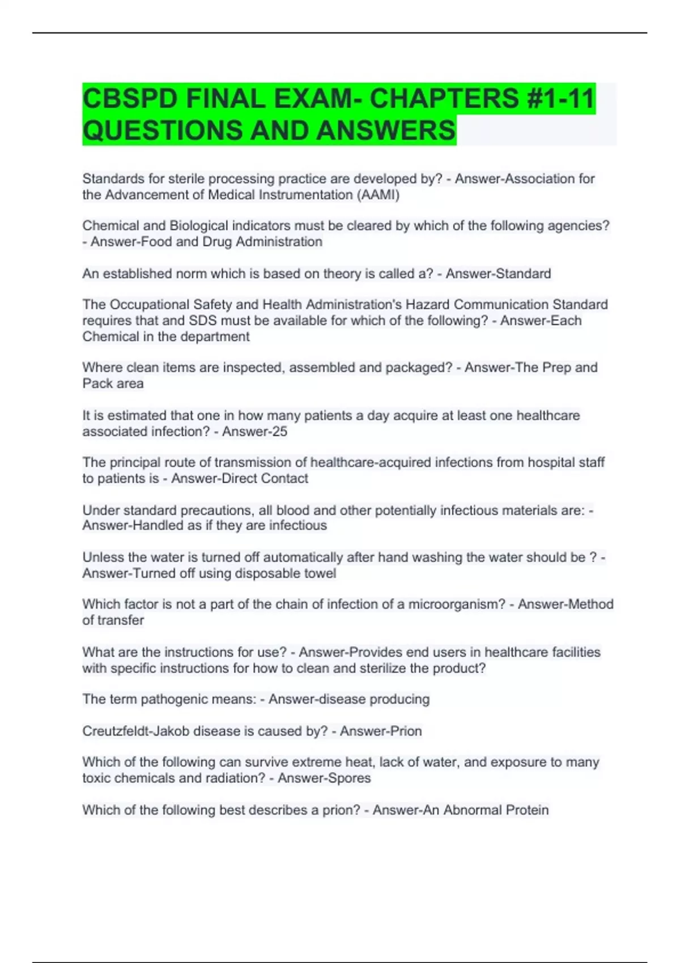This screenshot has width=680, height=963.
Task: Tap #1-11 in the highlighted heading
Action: [560, 99]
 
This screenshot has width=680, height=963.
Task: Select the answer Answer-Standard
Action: [498, 274]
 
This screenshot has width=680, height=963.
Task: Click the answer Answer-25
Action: [254, 432]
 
